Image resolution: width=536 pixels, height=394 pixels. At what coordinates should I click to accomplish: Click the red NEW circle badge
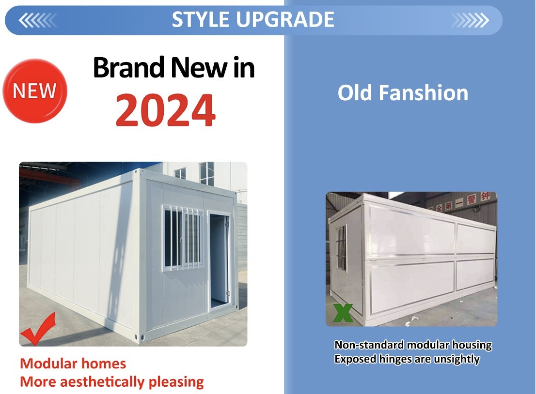(35, 91)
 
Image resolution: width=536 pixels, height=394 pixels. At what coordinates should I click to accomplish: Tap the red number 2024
(166, 110)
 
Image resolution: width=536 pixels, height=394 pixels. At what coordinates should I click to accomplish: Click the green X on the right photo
(343, 313)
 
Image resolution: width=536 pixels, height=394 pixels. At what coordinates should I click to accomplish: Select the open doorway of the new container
(219, 261)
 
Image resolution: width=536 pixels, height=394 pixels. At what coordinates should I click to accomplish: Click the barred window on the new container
(183, 237)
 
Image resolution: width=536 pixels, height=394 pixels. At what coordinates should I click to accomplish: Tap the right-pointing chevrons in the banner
(470, 20)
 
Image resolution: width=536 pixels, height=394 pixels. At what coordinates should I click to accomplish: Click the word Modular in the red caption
(46, 364)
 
